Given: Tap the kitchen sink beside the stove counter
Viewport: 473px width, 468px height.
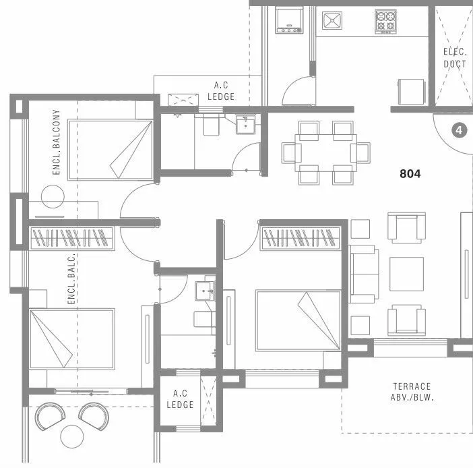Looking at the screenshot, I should (332, 21).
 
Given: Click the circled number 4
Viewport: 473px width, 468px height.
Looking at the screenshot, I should (460, 129).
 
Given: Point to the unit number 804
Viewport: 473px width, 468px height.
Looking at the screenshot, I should (410, 173).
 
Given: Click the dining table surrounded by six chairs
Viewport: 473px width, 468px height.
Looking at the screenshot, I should (325, 152).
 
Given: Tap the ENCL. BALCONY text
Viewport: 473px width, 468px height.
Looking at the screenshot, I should (57, 143).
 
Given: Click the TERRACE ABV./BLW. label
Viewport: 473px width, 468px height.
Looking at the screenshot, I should (412, 392).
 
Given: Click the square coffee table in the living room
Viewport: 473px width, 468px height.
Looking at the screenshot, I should (406, 274).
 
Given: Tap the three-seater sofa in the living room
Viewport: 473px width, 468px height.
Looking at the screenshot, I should (364, 274).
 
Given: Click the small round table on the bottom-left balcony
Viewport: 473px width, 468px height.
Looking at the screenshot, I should (70, 435).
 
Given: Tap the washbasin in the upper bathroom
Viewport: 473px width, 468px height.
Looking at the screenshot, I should (246, 125).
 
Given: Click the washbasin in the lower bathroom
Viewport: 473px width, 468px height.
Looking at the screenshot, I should (204, 291).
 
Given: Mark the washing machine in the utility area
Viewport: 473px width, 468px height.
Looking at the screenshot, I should (289, 20).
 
